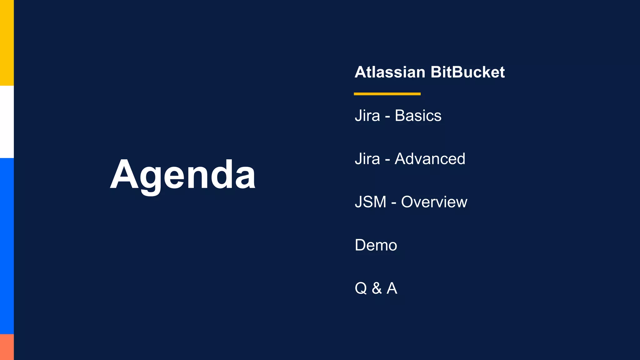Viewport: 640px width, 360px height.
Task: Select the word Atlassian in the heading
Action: tap(390, 72)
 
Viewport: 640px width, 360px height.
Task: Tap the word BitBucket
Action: tap(467, 72)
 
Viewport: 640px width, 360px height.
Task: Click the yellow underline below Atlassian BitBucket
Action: tap(387, 94)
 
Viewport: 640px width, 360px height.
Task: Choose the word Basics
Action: tap(418, 116)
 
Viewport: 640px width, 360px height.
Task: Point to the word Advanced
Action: tap(430, 159)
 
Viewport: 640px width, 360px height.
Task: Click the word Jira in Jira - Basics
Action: tap(367, 116)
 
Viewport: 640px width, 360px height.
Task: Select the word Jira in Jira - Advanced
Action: tap(367, 159)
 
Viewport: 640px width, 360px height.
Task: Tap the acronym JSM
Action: tap(371, 202)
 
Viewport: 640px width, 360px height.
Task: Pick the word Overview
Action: tap(434, 202)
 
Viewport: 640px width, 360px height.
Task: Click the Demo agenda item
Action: tap(376, 245)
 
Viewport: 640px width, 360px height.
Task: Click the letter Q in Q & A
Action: tap(361, 288)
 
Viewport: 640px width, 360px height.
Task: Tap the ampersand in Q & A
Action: tap(377, 288)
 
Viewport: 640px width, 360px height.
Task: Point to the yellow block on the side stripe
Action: tap(7, 43)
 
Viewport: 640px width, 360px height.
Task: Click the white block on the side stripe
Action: tap(7, 122)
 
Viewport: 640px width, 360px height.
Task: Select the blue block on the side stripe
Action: tap(7, 246)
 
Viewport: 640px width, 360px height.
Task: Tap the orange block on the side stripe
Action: tap(7, 347)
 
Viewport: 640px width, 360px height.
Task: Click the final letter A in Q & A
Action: tap(392, 288)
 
